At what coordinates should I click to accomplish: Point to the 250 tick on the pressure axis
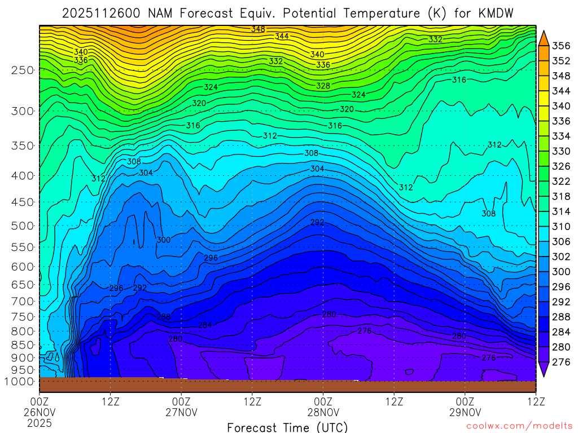(x=23, y=70)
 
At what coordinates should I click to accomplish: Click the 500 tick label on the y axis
(x=23, y=226)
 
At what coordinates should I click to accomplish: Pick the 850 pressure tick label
(x=23, y=344)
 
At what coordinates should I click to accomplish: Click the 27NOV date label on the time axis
(x=181, y=412)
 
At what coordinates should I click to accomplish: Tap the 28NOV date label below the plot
(x=323, y=412)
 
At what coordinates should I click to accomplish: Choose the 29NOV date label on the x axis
(x=465, y=412)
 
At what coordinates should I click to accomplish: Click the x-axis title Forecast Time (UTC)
(x=287, y=427)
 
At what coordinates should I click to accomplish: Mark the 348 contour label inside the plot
(x=258, y=29)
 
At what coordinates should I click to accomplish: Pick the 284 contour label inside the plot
(x=205, y=325)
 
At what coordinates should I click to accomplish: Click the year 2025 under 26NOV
(x=40, y=422)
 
